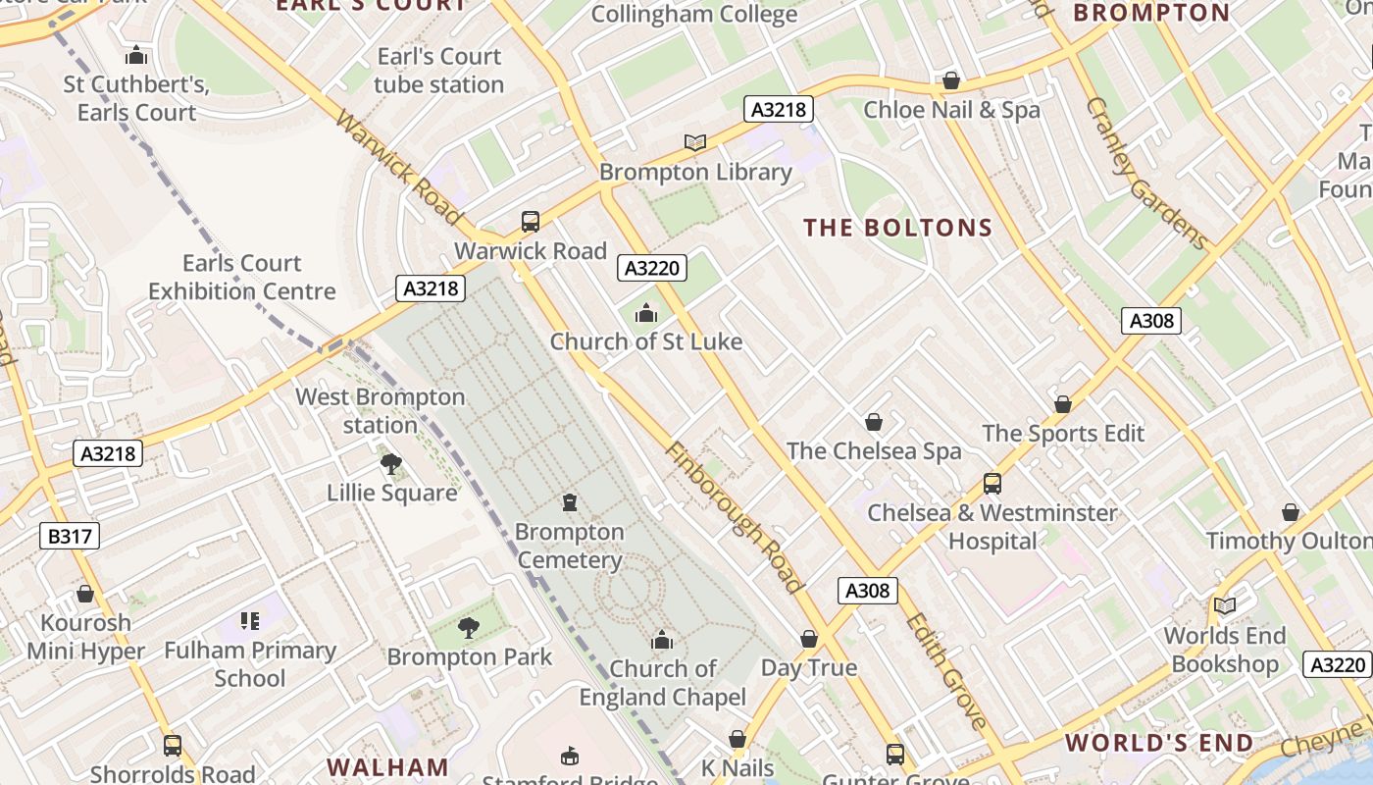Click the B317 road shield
[70, 536]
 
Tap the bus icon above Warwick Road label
[531, 221]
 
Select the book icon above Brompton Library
[695, 143]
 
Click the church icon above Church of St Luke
[646, 313]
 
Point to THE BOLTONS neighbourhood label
[898, 229]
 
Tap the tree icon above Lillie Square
[391, 463]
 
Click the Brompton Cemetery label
[570, 547]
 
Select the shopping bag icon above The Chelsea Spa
[874, 422]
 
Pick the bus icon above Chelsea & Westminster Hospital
[992, 484]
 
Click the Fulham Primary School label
[250, 664]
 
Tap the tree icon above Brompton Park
[470, 627]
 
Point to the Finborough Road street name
[733, 517]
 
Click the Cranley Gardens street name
[1146, 174]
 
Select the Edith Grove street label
[945, 671]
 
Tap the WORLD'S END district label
[1159, 743]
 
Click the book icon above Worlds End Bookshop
[1225, 605]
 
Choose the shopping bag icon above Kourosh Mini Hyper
[85, 594]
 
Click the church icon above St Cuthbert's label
[137, 55]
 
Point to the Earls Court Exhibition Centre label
[242, 278]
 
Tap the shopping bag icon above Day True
[809, 639]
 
